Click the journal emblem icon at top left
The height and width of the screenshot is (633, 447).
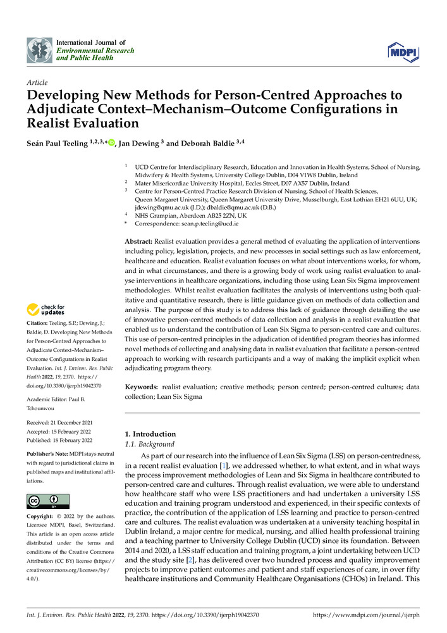coord(39,49)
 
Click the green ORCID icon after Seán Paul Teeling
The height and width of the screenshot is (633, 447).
coord(112,144)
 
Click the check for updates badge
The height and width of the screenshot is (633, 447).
coord(47,310)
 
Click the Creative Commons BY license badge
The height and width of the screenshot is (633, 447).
coord(47,501)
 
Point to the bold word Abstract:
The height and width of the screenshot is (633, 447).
coord(142,242)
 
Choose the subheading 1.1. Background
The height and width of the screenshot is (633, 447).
coord(150,444)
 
